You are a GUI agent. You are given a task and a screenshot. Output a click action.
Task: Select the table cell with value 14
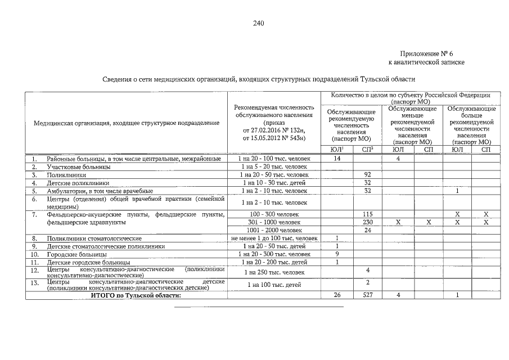pyautogui.click(x=337, y=159)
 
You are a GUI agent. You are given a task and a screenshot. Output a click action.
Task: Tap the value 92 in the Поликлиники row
pyautogui.click(x=367, y=175)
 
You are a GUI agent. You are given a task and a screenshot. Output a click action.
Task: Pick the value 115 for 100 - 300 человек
pyautogui.click(x=367, y=215)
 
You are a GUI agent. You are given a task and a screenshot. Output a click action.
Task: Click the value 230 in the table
pyautogui.click(x=367, y=223)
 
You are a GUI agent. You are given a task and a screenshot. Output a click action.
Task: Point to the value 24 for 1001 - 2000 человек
pyautogui.click(x=367, y=231)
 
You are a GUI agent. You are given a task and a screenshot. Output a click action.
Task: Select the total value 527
pyautogui.click(x=367, y=295)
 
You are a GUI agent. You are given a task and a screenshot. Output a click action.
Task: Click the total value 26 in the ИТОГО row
pyautogui.click(x=337, y=295)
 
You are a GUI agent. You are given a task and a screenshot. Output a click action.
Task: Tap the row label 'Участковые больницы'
pyautogui.click(x=78, y=167)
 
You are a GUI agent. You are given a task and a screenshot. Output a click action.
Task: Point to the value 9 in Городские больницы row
pyautogui.click(x=337, y=254)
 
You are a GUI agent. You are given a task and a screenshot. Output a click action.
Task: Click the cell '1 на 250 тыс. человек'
pyautogui.click(x=274, y=273)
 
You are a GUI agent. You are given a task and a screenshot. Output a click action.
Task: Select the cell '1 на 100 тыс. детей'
pyautogui.click(x=274, y=285)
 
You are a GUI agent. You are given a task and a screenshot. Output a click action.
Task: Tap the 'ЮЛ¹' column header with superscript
pyautogui.click(x=337, y=149)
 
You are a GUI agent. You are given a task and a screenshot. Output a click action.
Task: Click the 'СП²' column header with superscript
pyautogui.click(x=367, y=149)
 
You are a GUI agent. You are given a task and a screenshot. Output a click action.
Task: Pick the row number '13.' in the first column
pyautogui.click(x=34, y=282)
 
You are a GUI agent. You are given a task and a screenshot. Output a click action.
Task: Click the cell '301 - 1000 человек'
pyautogui.click(x=274, y=223)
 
